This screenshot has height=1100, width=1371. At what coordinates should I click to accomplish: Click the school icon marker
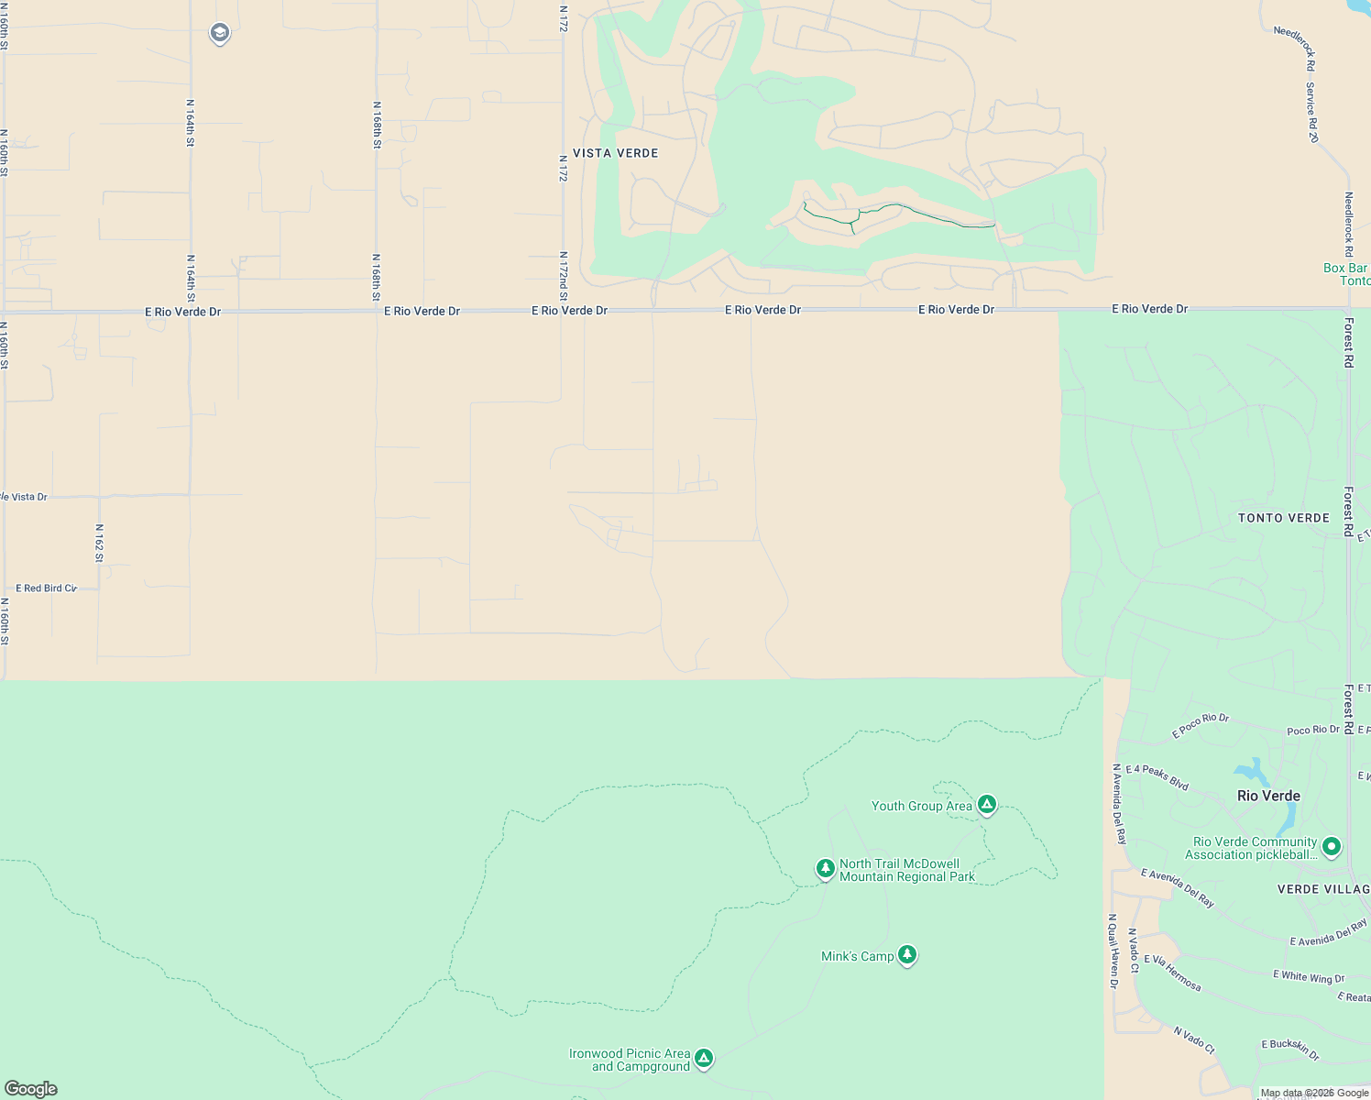pos(219,34)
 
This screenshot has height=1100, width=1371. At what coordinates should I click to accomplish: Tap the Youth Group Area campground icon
pos(986,805)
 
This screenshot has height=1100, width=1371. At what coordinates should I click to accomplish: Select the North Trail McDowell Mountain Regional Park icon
pos(826,867)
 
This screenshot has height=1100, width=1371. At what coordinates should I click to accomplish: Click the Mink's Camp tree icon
pos(907,955)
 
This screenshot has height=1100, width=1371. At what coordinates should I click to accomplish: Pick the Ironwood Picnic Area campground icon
pos(704,1059)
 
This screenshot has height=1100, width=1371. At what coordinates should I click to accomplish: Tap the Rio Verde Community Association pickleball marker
pos(1332,847)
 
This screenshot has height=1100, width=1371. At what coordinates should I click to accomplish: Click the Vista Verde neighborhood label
pos(616,153)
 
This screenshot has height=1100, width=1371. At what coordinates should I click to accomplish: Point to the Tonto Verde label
pos(1283,518)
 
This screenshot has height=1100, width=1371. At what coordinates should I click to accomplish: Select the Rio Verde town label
pos(1268,796)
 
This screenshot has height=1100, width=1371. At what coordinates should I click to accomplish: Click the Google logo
pos(31,1089)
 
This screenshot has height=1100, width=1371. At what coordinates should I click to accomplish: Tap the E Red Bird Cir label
pos(46,588)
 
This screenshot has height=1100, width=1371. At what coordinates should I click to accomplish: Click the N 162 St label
pos(99,543)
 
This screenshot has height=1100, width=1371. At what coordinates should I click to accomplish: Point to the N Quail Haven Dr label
pos(1113,951)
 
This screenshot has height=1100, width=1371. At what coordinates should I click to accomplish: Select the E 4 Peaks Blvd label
pos(1157,777)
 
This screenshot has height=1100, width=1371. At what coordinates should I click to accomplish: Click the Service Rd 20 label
pos(1312,112)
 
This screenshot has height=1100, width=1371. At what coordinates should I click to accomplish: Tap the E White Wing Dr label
pos(1309,977)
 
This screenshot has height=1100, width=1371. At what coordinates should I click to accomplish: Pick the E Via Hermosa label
pos(1172,973)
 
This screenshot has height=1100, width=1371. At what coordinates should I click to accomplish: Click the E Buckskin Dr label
pos(1290,1050)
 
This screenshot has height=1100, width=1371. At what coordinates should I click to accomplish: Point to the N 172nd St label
pos(564,276)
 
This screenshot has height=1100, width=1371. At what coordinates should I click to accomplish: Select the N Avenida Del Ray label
pos(1119,804)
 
